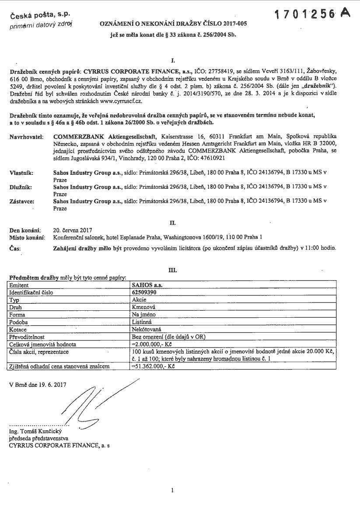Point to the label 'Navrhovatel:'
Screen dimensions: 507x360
tap(26, 137)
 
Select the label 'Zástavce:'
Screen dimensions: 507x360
tap(22, 201)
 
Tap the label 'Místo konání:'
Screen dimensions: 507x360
tap(27, 237)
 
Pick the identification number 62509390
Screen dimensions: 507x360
tap(145, 292)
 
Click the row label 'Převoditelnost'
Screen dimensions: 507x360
tap(28, 337)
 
